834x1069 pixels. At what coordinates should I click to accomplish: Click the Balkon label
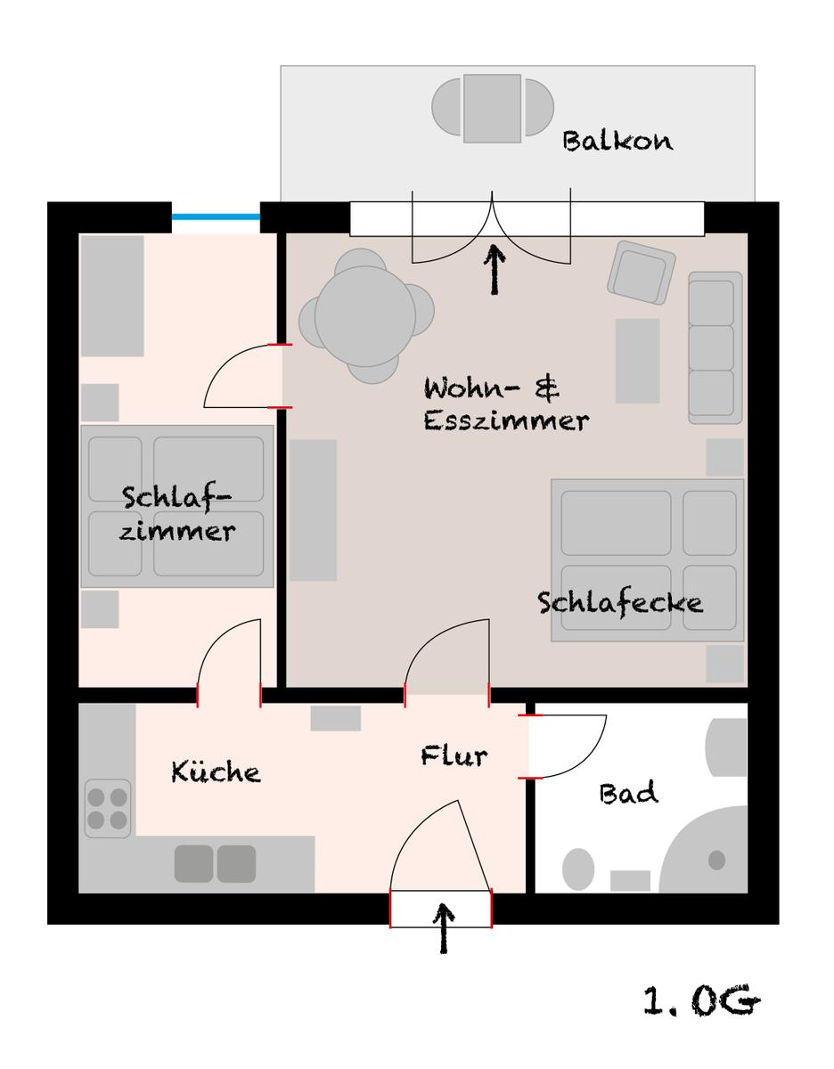click(617, 141)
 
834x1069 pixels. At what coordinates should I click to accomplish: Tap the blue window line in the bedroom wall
click(216, 216)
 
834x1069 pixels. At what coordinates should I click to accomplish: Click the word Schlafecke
click(620, 603)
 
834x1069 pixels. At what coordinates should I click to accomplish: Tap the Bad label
click(628, 793)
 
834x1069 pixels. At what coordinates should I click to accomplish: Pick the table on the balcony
click(492, 108)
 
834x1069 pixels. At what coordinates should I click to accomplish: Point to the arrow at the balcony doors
click(495, 270)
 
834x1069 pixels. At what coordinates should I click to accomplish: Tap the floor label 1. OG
click(701, 1000)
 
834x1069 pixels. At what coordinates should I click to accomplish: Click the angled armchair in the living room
click(642, 273)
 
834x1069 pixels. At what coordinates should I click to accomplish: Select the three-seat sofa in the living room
click(715, 347)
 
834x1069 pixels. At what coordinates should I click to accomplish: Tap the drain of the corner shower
click(717, 860)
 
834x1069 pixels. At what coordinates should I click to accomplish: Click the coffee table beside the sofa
click(638, 361)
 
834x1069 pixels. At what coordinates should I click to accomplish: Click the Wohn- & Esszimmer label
click(506, 404)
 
